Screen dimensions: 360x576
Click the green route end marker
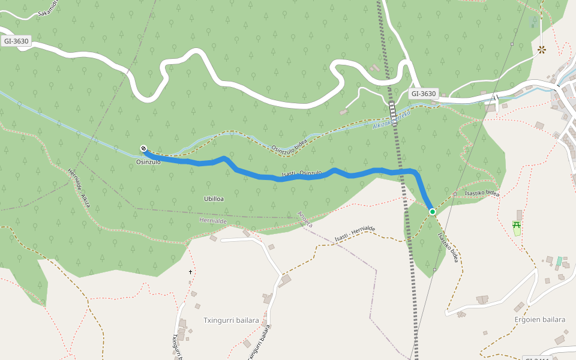click(x=432, y=211)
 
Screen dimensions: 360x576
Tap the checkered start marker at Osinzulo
click(x=143, y=149)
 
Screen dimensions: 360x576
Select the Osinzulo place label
click(x=148, y=162)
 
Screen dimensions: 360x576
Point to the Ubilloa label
click(x=214, y=199)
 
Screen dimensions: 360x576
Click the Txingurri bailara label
click(x=231, y=320)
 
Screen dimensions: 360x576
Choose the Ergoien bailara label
click(x=540, y=320)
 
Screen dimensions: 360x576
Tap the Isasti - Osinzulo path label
click(x=301, y=174)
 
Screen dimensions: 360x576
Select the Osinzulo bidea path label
click(x=289, y=142)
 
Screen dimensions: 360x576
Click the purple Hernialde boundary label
click(x=212, y=221)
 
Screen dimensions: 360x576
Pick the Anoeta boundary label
click(x=305, y=219)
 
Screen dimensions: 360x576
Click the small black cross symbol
click(x=191, y=272)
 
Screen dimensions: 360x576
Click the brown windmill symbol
click(x=542, y=50)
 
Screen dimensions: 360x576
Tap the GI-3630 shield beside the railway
click(x=424, y=94)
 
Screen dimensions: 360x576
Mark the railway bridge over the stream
click(x=394, y=110)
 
